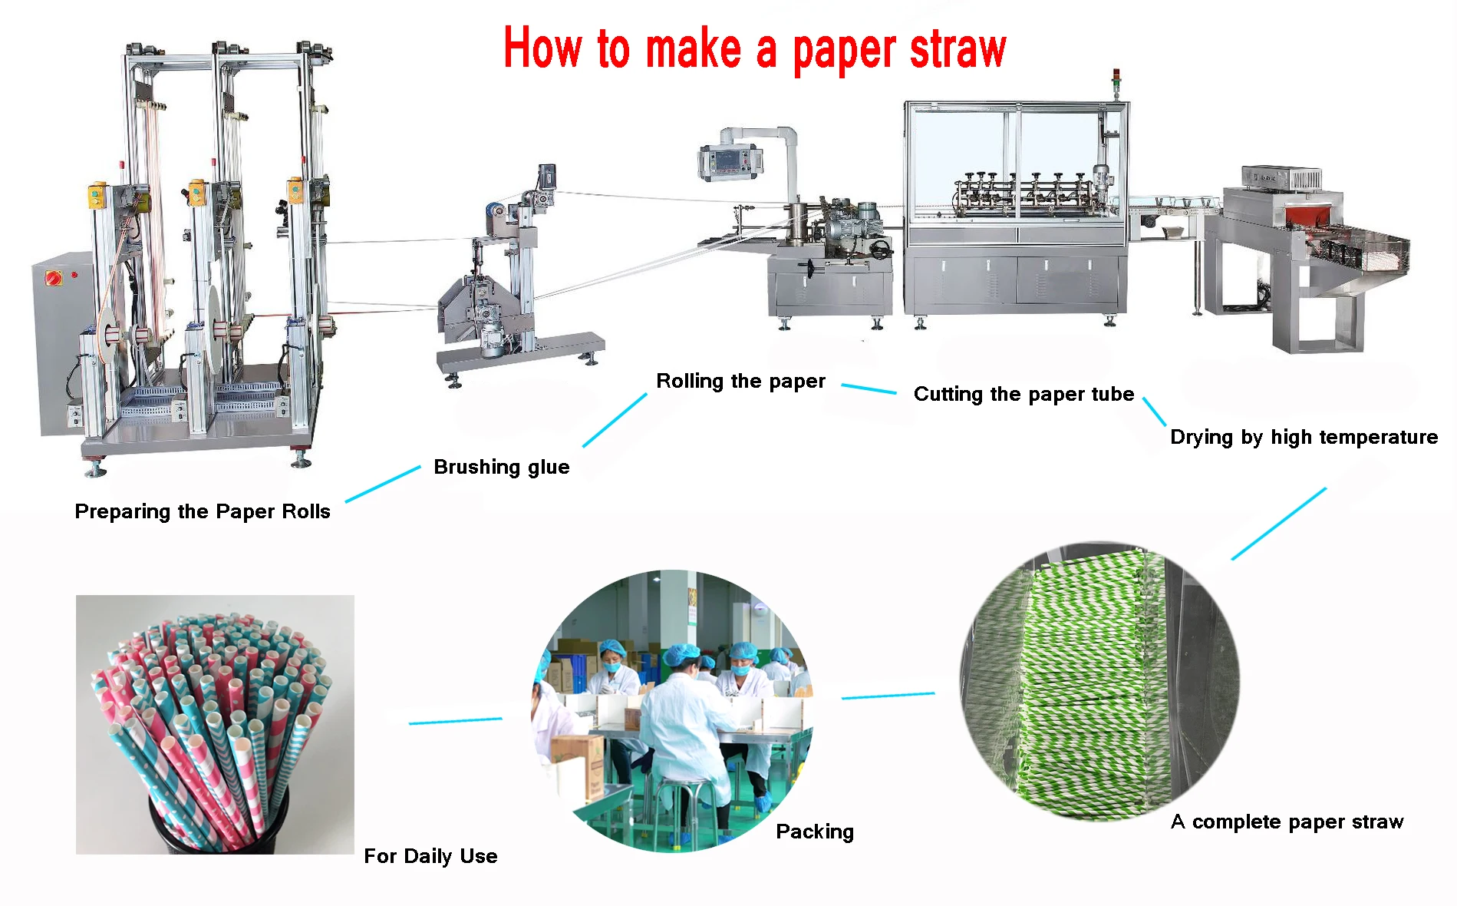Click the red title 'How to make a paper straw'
pyautogui.click(x=755, y=49)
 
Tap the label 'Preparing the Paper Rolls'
pyautogui.click(x=203, y=511)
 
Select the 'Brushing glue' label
pyautogui.click(x=502, y=467)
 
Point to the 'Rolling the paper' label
pyautogui.click(x=740, y=382)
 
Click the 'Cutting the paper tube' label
pyautogui.click(x=1024, y=395)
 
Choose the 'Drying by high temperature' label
pyautogui.click(x=1304, y=438)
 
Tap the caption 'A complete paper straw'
pyautogui.click(x=1287, y=822)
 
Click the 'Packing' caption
pyautogui.click(x=815, y=832)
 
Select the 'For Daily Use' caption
pyautogui.click(x=430, y=856)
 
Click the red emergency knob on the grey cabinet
pyautogui.click(x=54, y=277)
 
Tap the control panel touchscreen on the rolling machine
pyautogui.click(x=730, y=161)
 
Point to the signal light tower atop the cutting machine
pyautogui.click(x=1116, y=84)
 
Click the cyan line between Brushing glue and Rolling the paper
pyautogui.click(x=615, y=420)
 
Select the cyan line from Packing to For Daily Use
pyautogui.click(x=455, y=721)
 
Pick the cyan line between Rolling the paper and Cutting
pyautogui.click(x=869, y=389)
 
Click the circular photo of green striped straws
pyautogui.click(x=1099, y=682)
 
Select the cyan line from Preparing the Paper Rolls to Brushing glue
pyautogui.click(x=383, y=484)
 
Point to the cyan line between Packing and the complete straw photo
pyautogui.click(x=888, y=696)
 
